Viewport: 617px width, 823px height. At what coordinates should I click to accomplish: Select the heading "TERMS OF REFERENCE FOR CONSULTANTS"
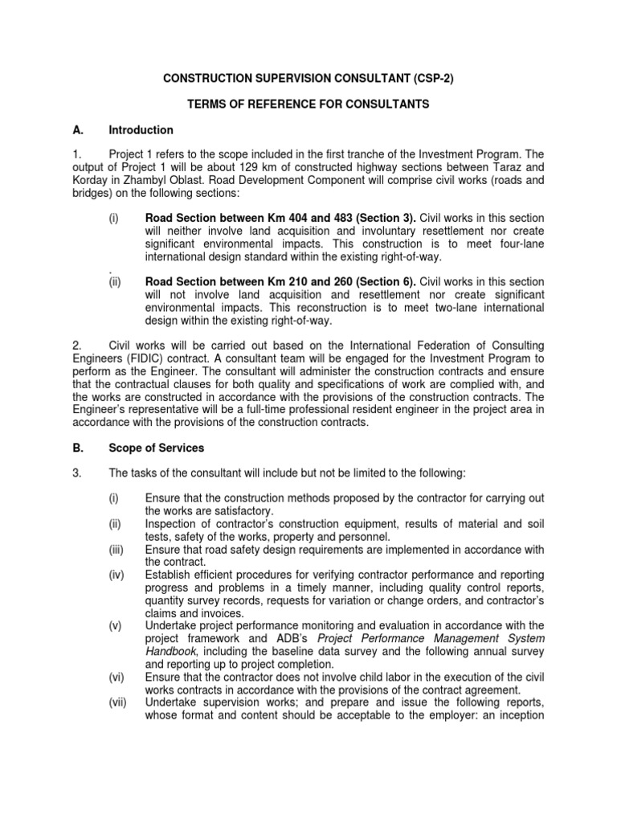[308, 104]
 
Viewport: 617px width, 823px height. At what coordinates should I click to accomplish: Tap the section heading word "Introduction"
[141, 130]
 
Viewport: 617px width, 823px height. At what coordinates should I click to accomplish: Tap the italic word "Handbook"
[171, 651]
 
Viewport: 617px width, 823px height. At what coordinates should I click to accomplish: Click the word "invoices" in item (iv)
[216, 612]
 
